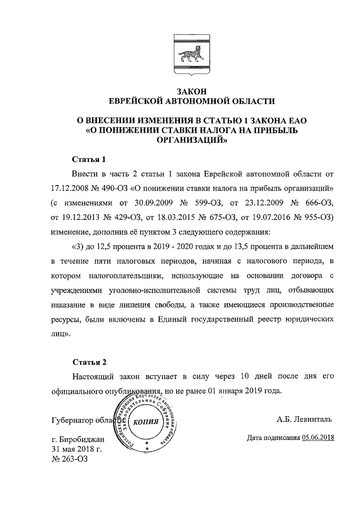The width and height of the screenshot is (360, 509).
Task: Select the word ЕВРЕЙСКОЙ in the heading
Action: coord(142,101)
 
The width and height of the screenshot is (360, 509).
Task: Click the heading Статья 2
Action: coord(89,361)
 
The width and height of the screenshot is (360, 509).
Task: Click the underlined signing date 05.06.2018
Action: coord(318,438)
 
